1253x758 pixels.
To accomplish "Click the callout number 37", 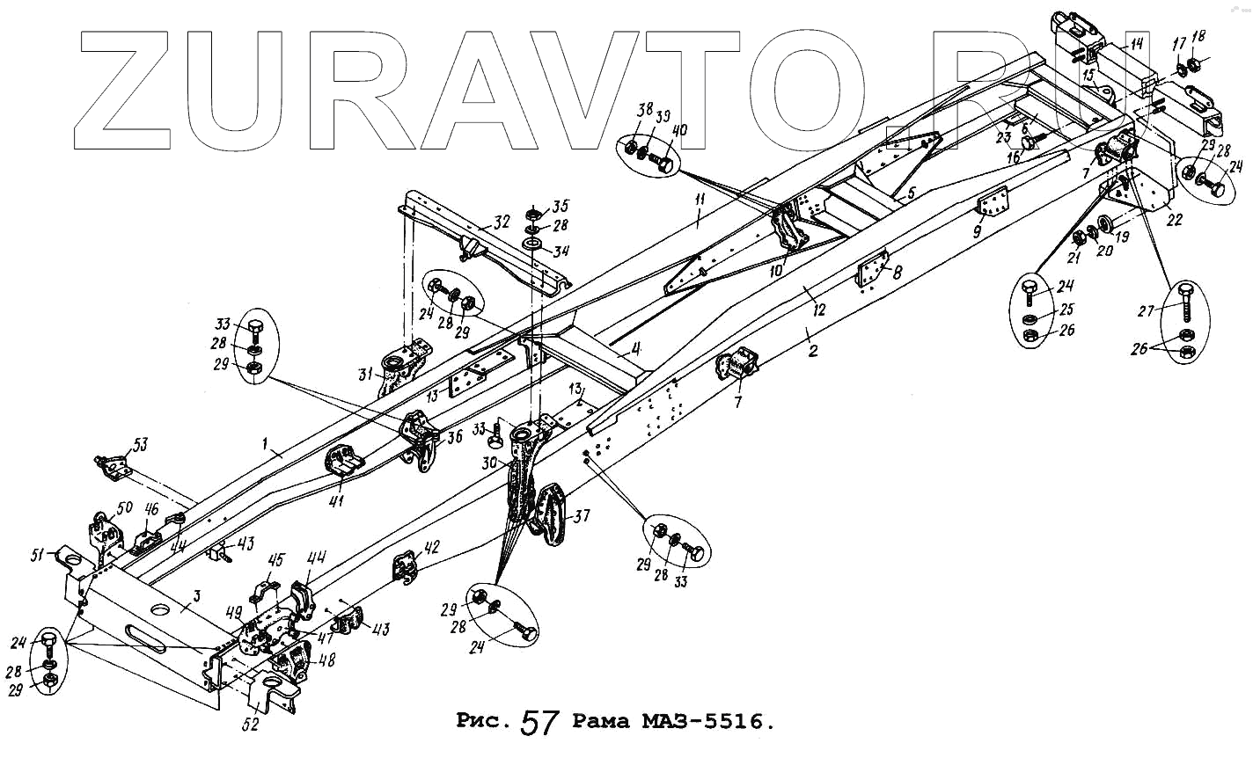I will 583,516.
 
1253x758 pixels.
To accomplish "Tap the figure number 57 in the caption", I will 540,723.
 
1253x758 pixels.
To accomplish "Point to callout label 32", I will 502,222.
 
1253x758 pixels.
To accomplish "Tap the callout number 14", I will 1136,43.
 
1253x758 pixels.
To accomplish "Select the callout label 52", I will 252,725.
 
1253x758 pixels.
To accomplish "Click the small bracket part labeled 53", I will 112,466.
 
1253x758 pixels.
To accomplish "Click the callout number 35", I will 561,208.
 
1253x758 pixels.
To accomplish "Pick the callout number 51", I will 38,553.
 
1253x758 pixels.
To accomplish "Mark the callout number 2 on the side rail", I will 813,352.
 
